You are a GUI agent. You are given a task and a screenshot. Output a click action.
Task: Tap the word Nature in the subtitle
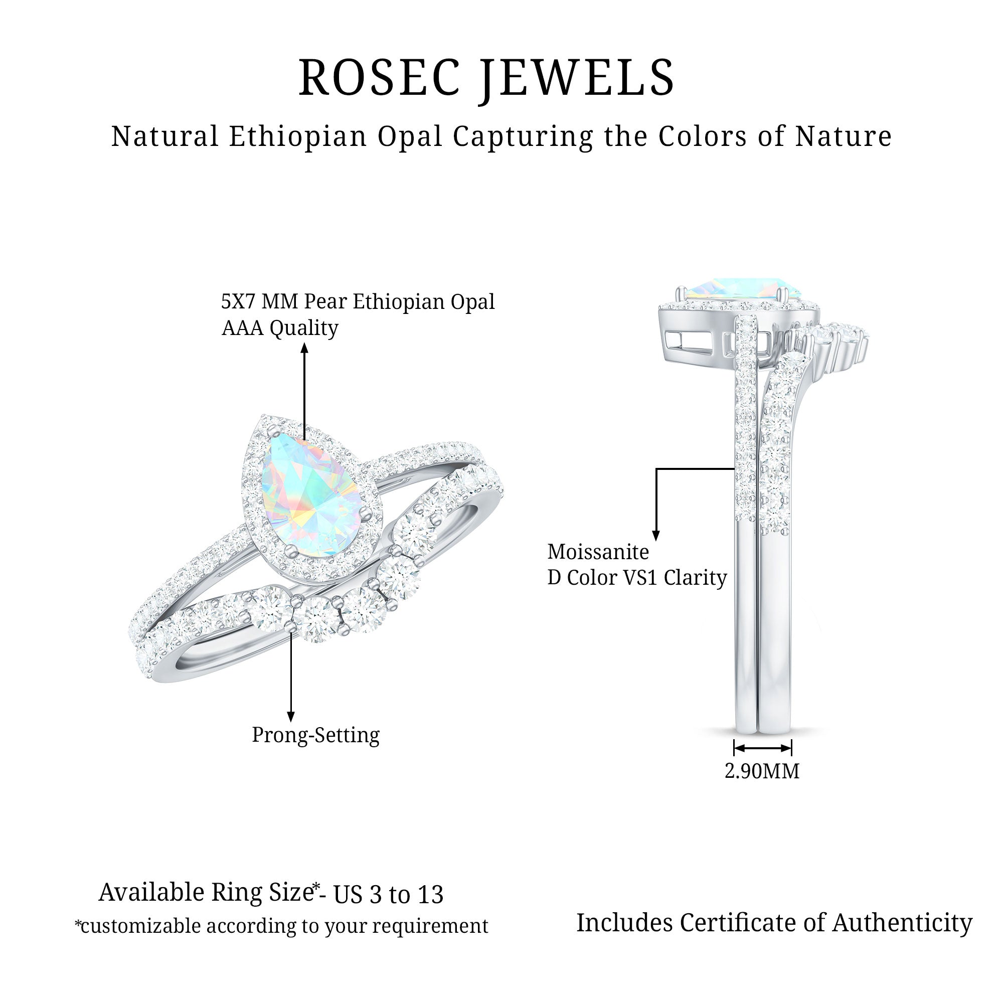[x=844, y=136]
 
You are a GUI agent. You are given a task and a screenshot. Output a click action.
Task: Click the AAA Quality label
[x=280, y=328]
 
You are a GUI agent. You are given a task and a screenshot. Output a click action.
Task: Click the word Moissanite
[x=598, y=552]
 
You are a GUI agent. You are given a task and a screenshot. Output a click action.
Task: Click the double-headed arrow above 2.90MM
[x=762, y=748]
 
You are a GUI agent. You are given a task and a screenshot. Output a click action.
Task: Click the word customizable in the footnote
[x=140, y=926]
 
